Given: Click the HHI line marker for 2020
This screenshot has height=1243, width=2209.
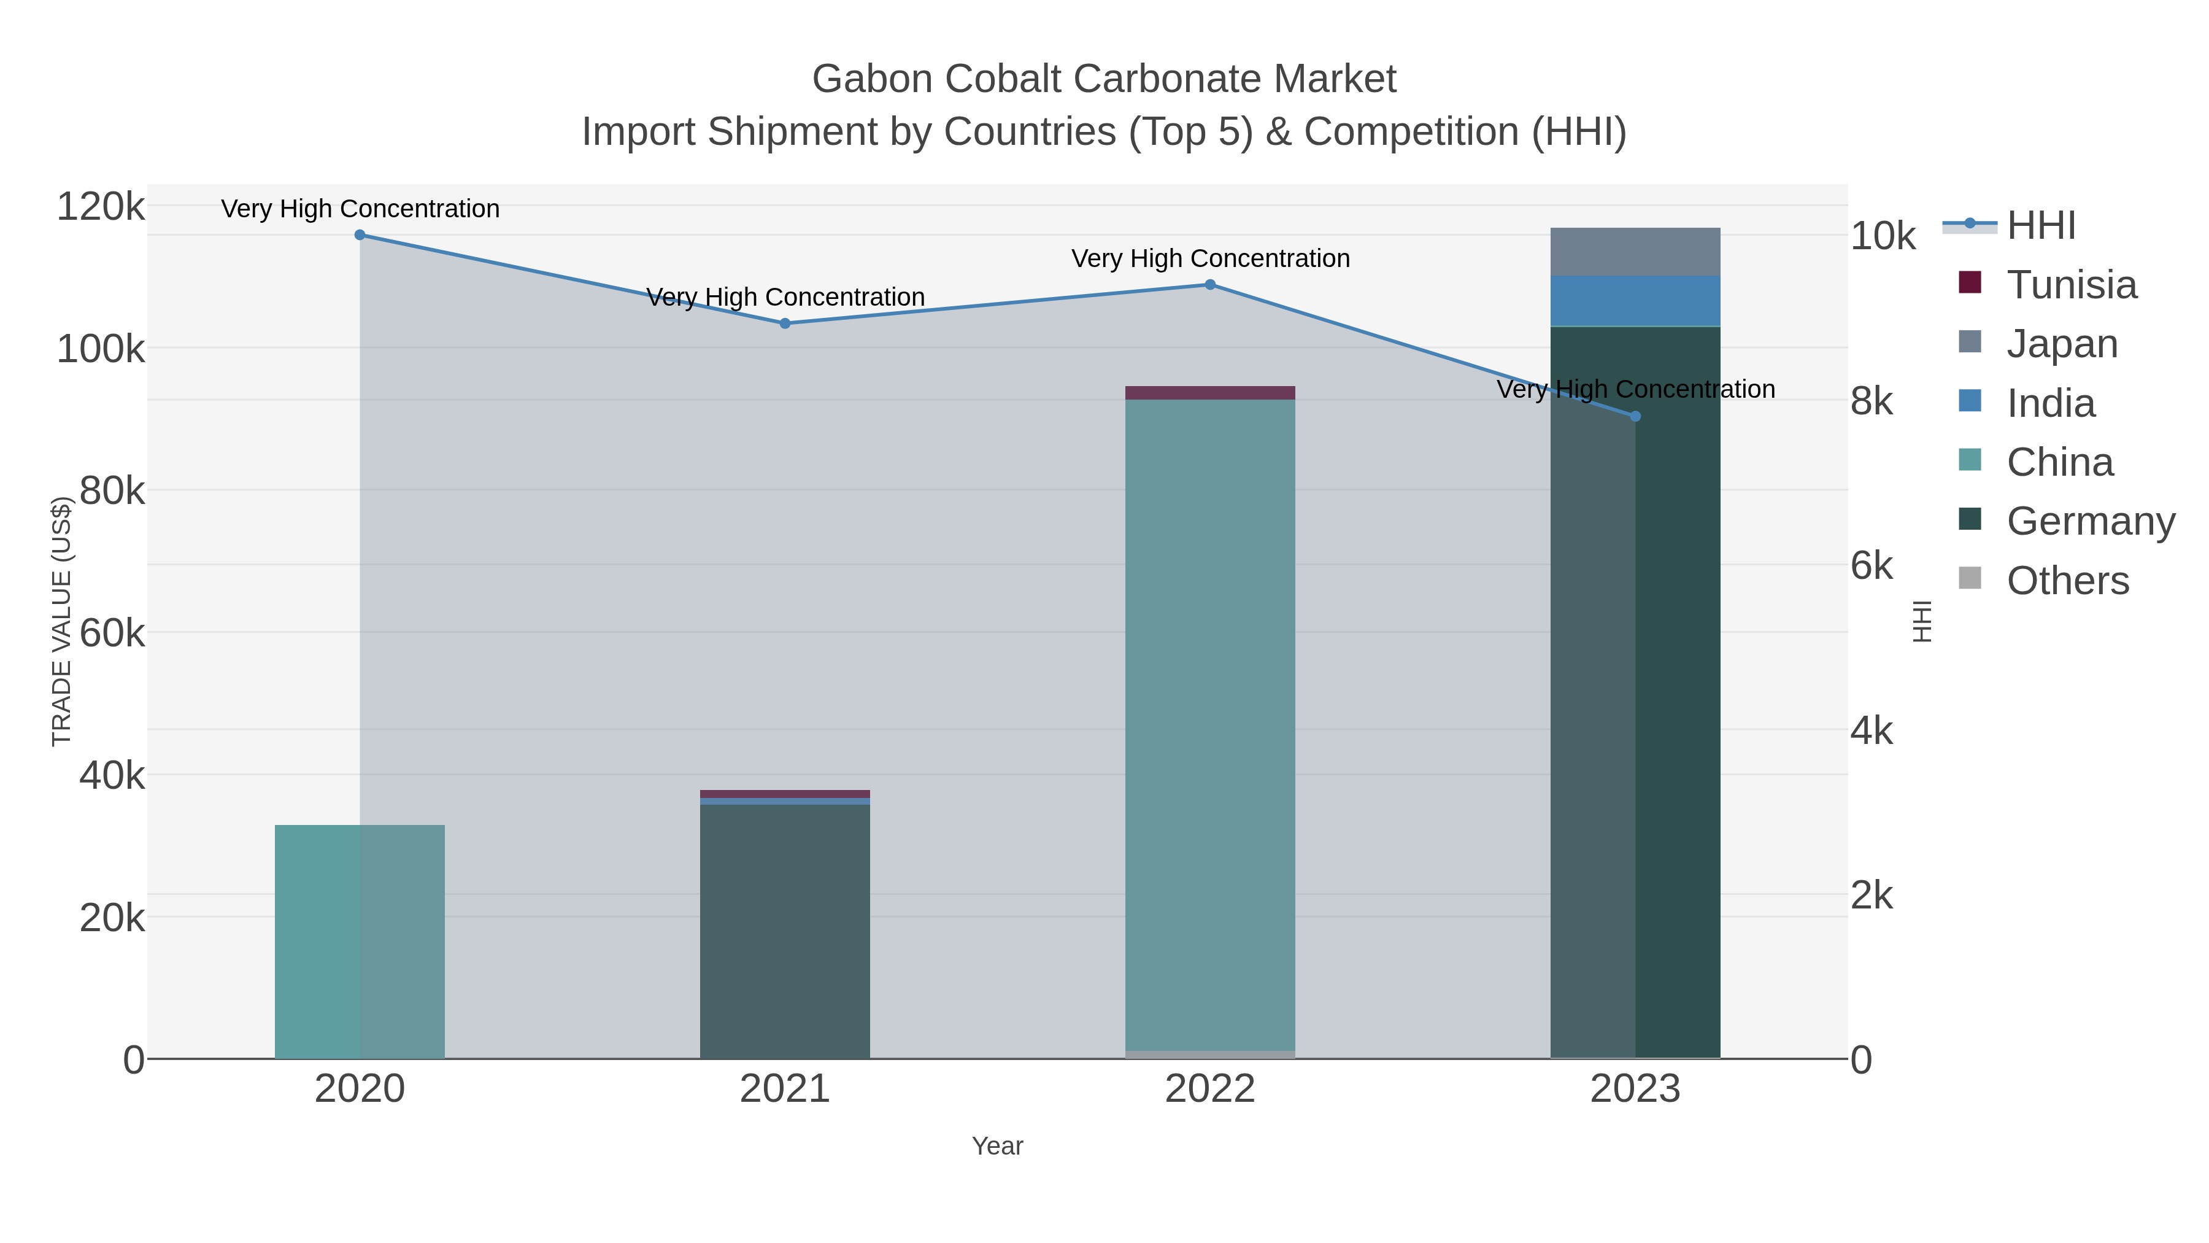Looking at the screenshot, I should click(360, 235).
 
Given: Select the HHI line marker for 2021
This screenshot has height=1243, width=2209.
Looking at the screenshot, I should click(785, 323).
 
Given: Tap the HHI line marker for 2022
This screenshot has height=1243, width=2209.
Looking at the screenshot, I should click(1210, 285).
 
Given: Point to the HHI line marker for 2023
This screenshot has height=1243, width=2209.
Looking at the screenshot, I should click(1635, 416).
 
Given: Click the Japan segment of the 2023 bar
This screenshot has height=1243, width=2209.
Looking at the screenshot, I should click(1635, 252).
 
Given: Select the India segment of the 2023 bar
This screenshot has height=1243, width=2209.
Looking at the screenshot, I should click(1635, 301).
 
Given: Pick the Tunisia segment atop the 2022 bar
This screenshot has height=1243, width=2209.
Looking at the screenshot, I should click(1210, 393).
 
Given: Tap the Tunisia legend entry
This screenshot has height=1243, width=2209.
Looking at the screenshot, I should click(2070, 285).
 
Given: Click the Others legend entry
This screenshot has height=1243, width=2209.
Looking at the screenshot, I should click(2067, 581).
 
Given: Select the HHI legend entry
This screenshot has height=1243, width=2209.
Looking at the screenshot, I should click(2040, 226).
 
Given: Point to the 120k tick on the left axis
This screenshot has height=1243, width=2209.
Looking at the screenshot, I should click(101, 207).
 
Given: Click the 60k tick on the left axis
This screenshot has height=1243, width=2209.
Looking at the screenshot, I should click(112, 634).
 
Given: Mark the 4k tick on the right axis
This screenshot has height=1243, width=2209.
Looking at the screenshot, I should click(1872, 731).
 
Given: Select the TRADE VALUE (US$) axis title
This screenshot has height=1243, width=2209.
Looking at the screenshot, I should click(62, 621).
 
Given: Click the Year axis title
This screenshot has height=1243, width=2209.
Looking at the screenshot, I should click(997, 1146).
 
